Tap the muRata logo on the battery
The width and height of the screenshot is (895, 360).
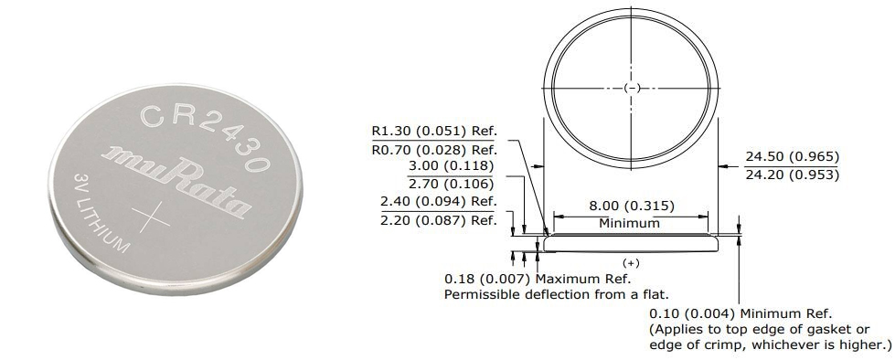[179, 179]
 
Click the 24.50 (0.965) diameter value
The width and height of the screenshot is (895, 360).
[792, 157]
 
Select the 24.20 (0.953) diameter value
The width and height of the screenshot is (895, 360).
[792, 175]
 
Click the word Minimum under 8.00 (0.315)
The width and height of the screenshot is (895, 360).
[629, 223]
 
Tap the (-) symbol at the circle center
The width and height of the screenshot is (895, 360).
[630, 88]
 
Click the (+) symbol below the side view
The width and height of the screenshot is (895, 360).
[630, 262]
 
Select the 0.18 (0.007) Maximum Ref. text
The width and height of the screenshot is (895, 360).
[538, 278]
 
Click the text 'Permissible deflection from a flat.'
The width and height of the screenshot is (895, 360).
[557, 294]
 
